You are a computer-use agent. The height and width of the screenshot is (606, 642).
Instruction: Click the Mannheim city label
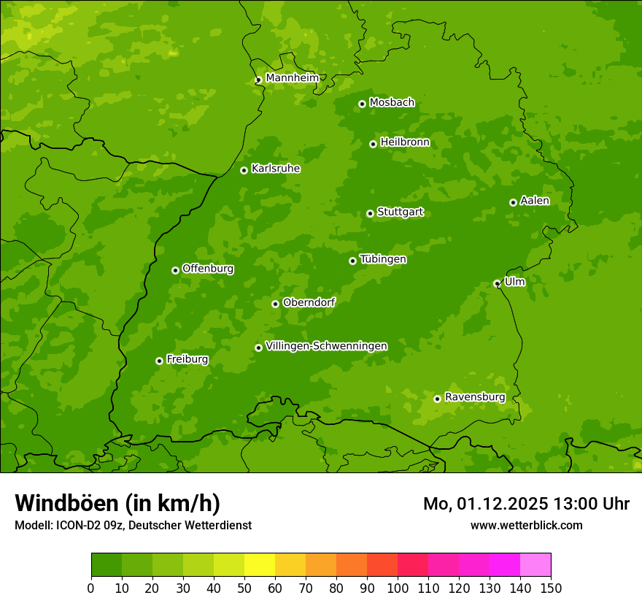[292, 78]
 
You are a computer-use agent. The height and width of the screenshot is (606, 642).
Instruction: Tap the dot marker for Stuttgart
[370, 213]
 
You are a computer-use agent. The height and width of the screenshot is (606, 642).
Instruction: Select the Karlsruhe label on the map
[275, 169]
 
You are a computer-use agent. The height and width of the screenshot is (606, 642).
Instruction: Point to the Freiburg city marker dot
[159, 361]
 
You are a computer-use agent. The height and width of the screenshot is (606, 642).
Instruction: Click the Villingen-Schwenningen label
[326, 346]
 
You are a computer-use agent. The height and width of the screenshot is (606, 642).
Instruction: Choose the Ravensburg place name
[474, 397]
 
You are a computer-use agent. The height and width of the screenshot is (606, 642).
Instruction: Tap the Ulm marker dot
[497, 283]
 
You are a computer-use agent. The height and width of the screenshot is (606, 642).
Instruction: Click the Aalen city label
[534, 201]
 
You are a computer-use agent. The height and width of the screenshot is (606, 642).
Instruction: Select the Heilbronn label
[405, 142]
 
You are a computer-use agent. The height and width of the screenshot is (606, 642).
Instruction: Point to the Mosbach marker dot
[362, 104]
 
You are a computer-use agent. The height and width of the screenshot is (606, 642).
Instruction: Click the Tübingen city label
[383, 259]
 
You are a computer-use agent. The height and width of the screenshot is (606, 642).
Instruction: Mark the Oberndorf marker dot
[275, 304]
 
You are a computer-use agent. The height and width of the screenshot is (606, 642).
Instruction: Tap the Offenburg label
[208, 269]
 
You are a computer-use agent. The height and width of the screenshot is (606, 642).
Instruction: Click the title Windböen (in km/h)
[117, 503]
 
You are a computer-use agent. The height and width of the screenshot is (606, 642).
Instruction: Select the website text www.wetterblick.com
[526, 525]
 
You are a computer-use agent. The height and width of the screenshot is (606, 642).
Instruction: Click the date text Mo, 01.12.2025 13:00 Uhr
[526, 504]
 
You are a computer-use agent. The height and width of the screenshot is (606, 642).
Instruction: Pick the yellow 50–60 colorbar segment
[260, 565]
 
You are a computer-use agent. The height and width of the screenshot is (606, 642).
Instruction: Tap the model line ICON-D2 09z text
[133, 525]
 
